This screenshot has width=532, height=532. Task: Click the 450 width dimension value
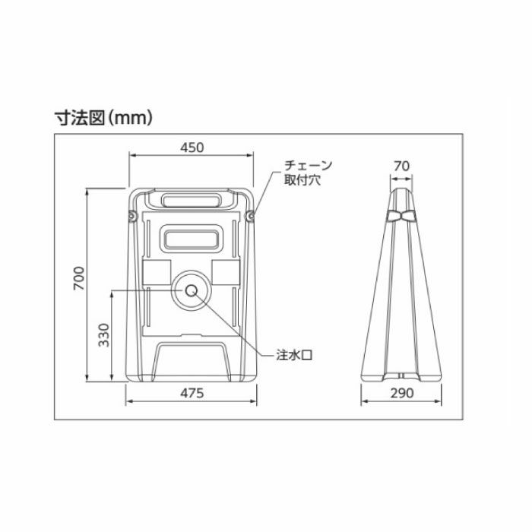192,147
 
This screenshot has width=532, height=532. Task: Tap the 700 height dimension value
79,278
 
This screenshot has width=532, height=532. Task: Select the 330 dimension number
104,335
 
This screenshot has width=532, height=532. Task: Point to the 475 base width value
192,393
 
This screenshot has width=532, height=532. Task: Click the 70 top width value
402,166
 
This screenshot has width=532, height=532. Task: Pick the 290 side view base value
402,393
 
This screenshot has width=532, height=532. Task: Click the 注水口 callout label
294,355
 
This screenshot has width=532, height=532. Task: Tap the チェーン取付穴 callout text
308,173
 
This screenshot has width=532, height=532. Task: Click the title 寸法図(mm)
103,118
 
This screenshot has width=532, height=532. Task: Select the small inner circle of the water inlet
192,290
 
